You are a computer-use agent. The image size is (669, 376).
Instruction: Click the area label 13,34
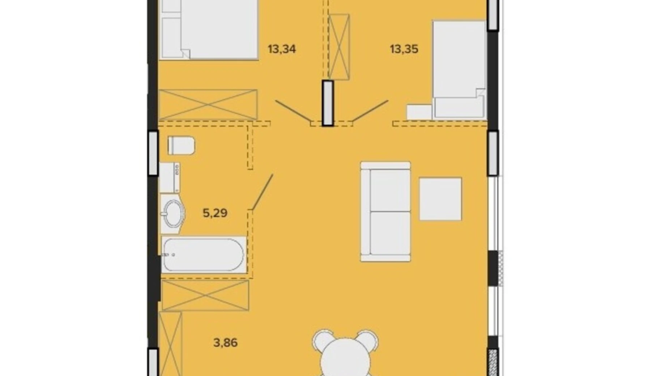(282, 49)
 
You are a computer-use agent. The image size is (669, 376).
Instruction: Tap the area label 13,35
(404, 49)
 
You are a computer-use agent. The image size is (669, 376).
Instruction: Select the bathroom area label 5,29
(215, 213)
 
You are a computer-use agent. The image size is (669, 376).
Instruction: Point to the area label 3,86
(225, 342)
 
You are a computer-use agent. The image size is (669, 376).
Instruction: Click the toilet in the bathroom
(181, 145)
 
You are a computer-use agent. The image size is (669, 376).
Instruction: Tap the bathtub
(204, 255)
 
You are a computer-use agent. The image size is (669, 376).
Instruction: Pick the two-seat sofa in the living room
(385, 211)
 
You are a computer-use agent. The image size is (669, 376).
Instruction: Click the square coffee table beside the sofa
(440, 199)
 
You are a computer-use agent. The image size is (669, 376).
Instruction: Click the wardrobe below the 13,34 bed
(208, 104)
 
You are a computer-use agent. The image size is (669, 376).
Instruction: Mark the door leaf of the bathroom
(262, 192)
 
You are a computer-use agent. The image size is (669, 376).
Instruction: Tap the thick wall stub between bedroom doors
(328, 103)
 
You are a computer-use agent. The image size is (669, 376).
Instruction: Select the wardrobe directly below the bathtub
(205, 295)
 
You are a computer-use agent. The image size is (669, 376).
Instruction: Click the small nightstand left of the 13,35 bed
(419, 112)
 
